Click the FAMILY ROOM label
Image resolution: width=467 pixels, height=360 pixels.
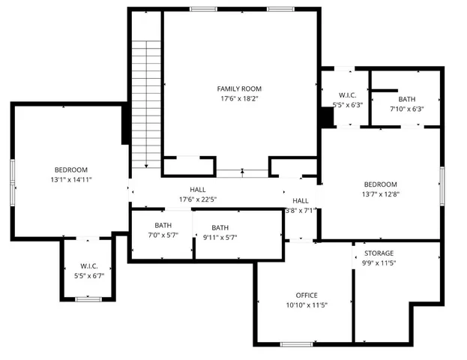[241, 88]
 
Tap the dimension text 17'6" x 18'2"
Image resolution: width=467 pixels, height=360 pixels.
[241, 99]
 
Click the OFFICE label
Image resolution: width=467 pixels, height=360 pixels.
[307, 295]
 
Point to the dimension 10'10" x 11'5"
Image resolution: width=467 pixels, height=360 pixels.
[307, 305]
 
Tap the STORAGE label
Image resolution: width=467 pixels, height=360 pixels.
[379, 253]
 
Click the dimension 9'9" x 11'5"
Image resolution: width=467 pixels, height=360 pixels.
[379, 263]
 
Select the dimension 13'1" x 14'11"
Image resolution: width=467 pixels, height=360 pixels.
[71, 180]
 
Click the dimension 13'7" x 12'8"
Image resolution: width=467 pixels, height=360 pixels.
[381, 195]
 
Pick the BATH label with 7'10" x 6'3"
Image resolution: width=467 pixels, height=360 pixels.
[407, 99]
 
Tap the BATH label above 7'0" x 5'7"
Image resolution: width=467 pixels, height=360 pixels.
[163, 226]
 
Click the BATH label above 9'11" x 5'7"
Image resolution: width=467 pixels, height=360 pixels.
[220, 228]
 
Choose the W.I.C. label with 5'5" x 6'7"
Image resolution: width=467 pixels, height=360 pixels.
[89, 265]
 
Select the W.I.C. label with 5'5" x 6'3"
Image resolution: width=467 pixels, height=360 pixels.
[347, 95]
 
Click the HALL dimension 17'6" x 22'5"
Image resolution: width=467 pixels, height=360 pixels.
[197, 199]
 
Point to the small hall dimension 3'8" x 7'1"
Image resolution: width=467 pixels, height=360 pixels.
[301, 211]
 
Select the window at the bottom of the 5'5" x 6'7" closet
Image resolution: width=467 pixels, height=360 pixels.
[88, 299]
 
